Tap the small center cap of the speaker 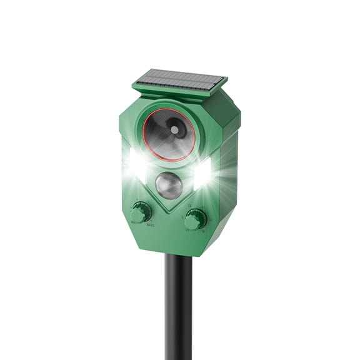tap(174, 129)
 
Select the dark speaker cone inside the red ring tap(164, 139)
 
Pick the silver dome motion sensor tap(169, 185)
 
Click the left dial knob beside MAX tap(141, 211)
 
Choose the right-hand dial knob tap(196, 219)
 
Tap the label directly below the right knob tap(194, 231)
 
